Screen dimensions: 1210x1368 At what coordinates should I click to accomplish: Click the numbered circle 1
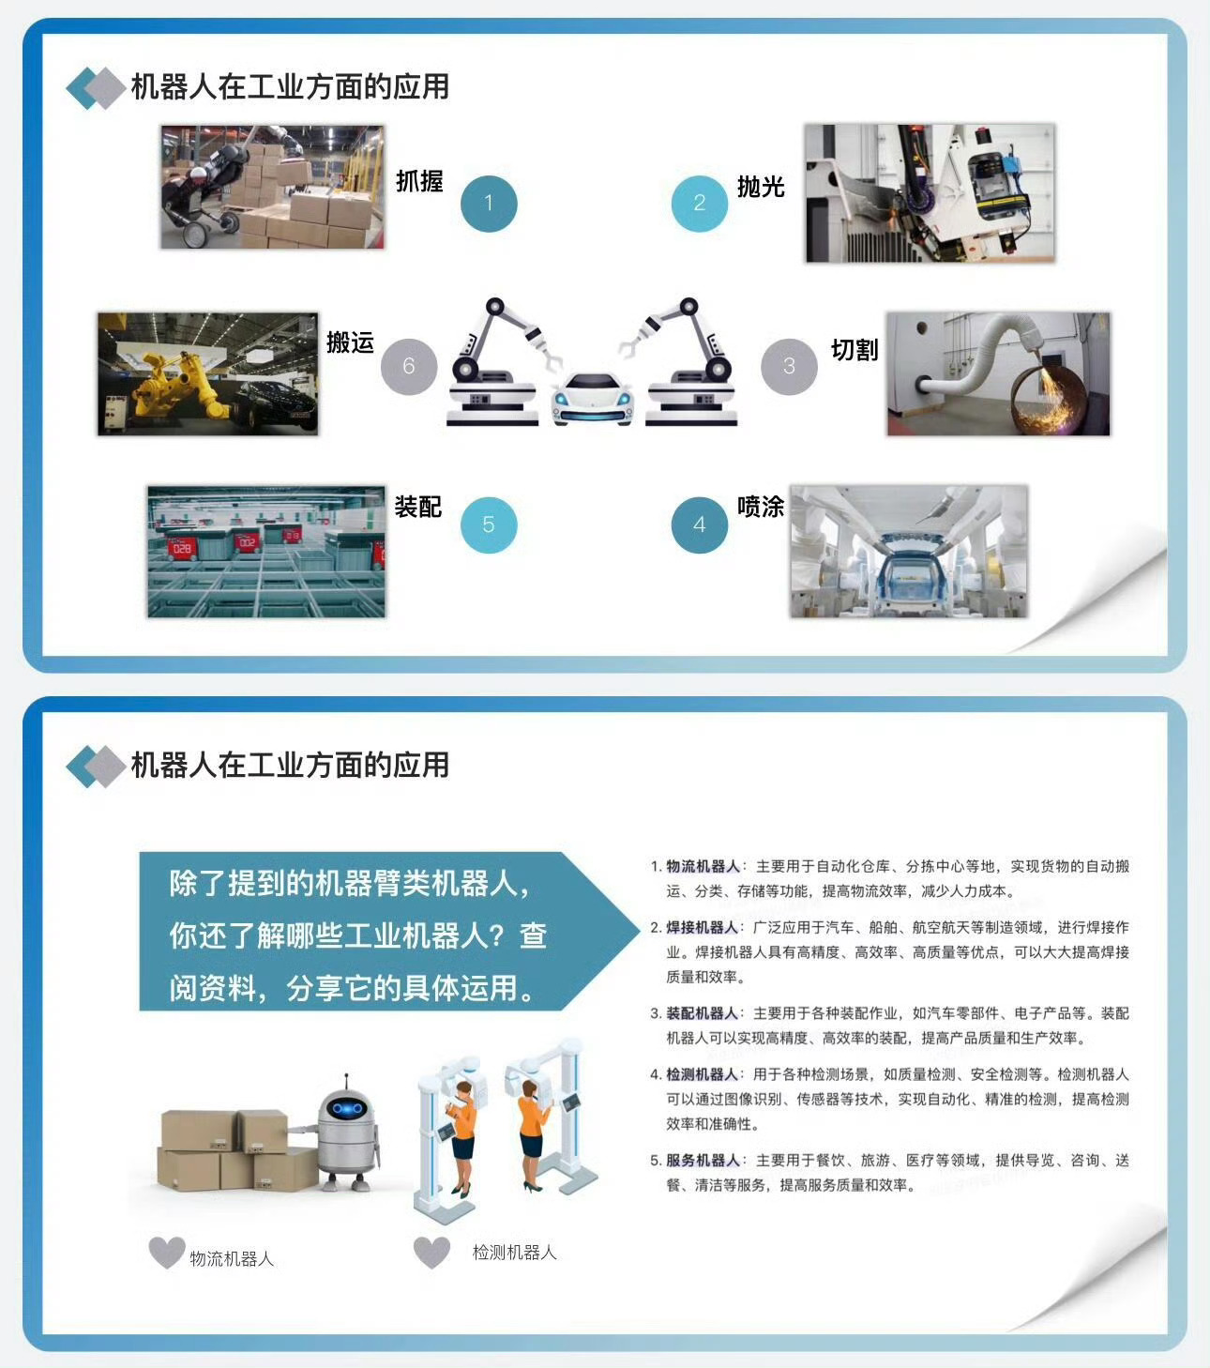489,204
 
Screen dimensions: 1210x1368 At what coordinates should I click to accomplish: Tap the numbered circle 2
700,204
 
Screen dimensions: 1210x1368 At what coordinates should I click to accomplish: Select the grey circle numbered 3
789,367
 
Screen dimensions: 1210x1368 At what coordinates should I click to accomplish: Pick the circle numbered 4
700,525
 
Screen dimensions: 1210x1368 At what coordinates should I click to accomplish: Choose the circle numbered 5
489,525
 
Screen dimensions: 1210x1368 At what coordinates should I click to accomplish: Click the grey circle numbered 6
409,367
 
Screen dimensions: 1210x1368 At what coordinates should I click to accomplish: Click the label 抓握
419,181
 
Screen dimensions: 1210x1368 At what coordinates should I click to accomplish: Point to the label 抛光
761,187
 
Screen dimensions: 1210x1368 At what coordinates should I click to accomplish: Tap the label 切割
855,350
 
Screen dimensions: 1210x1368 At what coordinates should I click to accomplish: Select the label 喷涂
761,507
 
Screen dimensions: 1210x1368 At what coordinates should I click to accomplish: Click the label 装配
418,507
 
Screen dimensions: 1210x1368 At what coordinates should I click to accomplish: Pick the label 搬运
351,342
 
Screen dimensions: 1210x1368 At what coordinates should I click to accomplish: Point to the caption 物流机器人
232,1258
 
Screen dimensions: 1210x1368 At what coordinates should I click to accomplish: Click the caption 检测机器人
515,1253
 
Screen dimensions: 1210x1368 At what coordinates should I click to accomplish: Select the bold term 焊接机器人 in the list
703,927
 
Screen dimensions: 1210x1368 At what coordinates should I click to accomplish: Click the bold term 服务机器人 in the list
703,1160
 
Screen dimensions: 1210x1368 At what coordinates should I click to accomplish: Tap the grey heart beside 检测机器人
431,1253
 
